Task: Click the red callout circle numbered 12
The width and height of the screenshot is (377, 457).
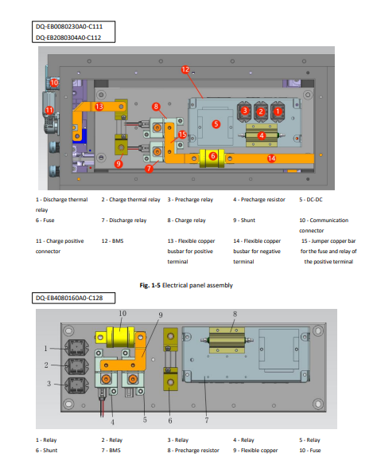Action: (185, 69)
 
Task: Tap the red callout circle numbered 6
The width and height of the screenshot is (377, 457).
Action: (213, 156)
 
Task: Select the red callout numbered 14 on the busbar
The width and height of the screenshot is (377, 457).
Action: (271, 158)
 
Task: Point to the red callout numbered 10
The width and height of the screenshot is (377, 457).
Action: (54, 83)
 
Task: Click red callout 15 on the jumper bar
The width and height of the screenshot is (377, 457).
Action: (182, 135)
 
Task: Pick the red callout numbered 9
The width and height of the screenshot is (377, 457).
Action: (119, 164)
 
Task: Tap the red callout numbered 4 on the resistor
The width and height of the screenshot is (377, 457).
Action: (262, 135)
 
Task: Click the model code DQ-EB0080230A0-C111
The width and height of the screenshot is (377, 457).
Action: (69, 26)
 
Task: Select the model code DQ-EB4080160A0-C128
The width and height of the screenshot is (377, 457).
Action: (69, 298)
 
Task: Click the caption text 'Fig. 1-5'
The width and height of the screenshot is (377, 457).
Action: (150, 285)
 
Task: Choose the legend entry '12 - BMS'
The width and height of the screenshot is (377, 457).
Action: (112, 241)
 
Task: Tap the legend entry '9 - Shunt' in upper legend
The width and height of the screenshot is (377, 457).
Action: (244, 221)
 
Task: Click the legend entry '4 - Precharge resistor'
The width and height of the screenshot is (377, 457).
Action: (259, 200)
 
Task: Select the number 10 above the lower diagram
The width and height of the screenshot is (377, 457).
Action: (122, 314)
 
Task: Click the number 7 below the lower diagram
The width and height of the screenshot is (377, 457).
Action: (207, 420)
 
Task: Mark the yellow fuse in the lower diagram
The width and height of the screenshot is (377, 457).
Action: (121, 337)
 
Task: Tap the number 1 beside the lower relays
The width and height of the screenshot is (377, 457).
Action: (45, 348)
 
